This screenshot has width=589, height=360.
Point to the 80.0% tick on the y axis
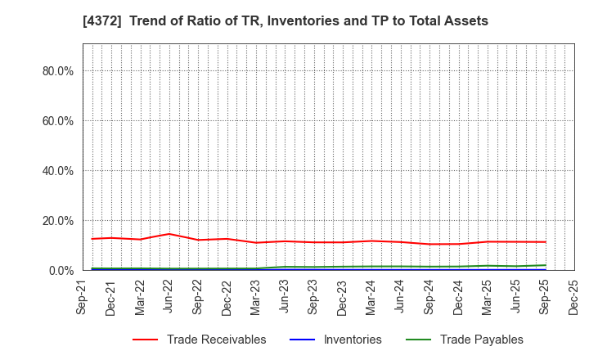tap(57, 71)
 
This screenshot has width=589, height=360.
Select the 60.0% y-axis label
tap(57, 121)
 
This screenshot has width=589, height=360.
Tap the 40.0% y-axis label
tap(57, 171)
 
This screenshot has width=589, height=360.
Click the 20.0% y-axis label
tap(57, 221)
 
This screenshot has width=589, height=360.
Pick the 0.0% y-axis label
tap(60, 271)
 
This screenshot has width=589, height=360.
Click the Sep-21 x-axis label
tap(83, 299)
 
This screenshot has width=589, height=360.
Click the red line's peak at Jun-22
tap(169, 234)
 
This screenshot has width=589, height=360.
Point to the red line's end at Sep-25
tap(546, 241)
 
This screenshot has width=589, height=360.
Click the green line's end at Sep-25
tap(546, 265)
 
